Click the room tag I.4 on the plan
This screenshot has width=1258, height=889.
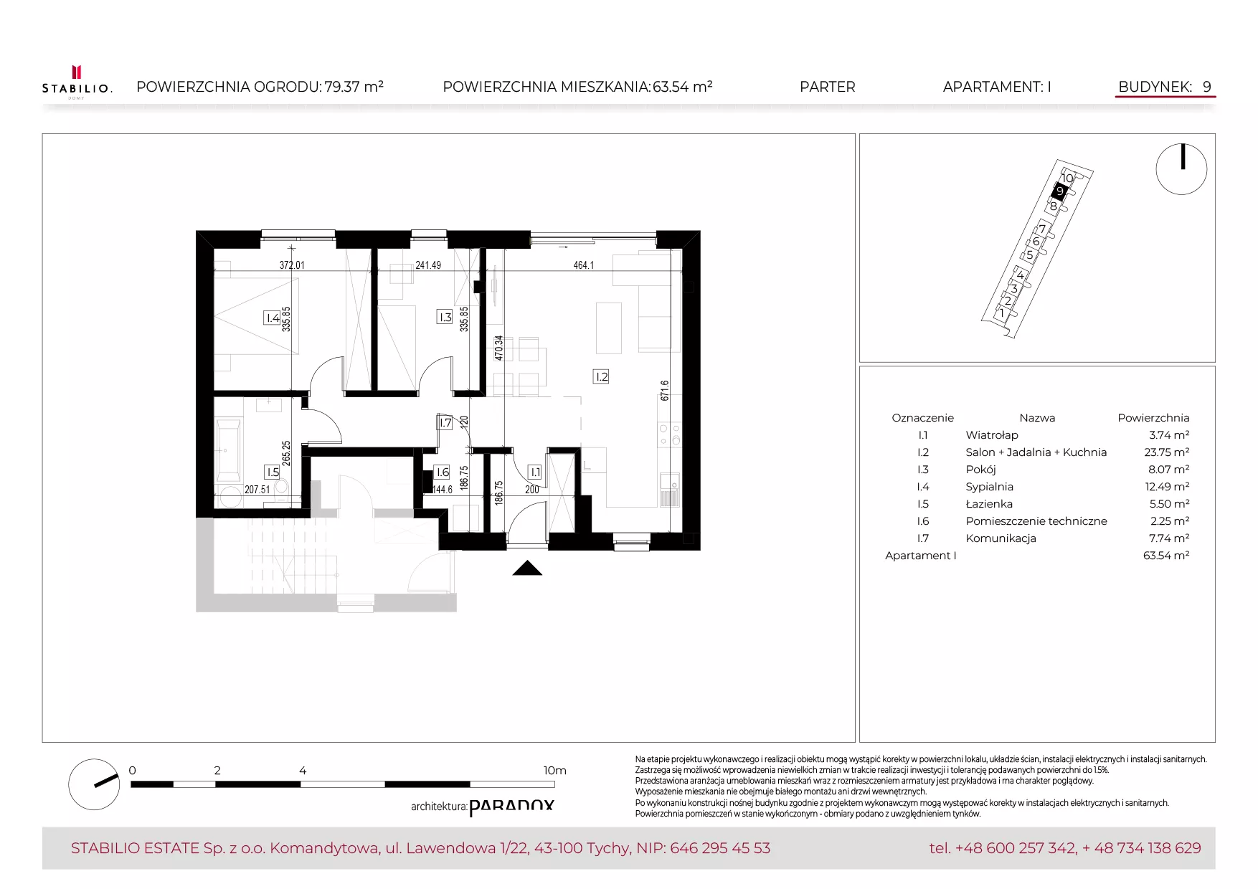click(x=272, y=318)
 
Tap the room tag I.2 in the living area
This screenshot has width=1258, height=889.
click(x=601, y=376)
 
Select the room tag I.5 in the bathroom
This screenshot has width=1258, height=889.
click(x=273, y=472)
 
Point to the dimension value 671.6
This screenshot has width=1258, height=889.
click(x=665, y=391)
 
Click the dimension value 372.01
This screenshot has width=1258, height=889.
click(x=292, y=265)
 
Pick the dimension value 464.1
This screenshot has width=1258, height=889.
click(x=584, y=265)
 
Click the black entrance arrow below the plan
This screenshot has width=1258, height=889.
click(x=527, y=568)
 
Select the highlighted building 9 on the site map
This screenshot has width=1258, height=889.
click(x=1060, y=191)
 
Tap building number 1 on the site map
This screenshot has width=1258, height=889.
click(x=1002, y=313)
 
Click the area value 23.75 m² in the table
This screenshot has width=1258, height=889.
click(x=1166, y=452)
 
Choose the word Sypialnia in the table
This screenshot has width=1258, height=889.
click(x=989, y=487)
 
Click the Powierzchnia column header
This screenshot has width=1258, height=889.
click(x=1153, y=418)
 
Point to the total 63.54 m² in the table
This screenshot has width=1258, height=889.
click(x=1166, y=556)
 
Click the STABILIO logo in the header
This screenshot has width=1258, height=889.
click(x=77, y=82)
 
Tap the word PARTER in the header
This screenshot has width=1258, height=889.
click(x=827, y=87)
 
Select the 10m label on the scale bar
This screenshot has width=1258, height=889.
click(x=554, y=771)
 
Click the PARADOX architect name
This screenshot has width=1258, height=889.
click(x=511, y=807)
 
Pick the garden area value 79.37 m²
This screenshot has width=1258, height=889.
click(x=354, y=87)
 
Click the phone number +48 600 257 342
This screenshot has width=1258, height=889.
click(x=1016, y=848)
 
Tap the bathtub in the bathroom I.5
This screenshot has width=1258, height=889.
click(x=229, y=450)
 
